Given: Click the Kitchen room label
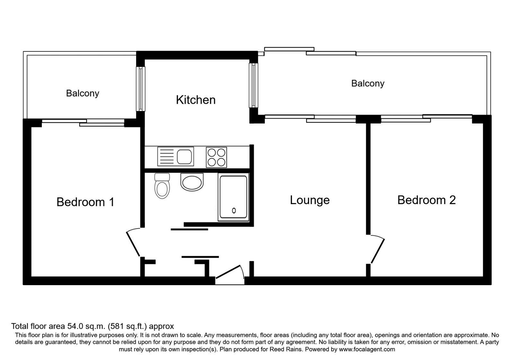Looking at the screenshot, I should tap(196, 100).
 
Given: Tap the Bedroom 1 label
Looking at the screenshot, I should tap(85, 202).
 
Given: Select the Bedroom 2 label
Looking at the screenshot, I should tap(426, 200).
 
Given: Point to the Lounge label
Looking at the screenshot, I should tap(310, 200).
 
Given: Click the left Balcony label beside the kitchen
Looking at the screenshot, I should tap(83, 93).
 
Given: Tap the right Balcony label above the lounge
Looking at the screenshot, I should tap(368, 84).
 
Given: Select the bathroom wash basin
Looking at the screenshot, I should tap(192, 182).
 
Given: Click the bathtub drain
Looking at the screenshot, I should tap(234, 211).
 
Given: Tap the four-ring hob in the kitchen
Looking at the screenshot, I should tap(217, 157).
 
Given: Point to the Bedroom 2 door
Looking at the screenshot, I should tap(378, 250).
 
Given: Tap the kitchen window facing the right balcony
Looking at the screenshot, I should tap(253, 85).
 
